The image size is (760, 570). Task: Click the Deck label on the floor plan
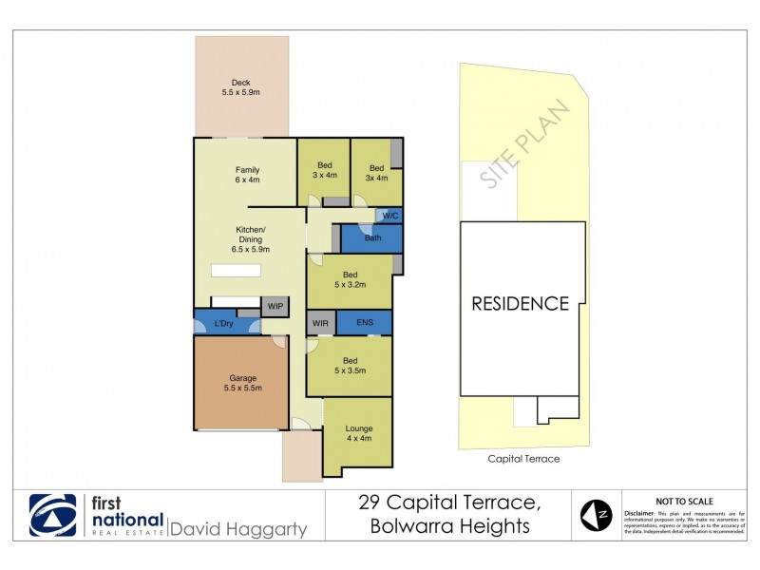[x=240, y=87]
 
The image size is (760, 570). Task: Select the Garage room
[x=240, y=382]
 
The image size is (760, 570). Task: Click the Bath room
[x=372, y=237]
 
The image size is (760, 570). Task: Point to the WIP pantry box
[x=275, y=306]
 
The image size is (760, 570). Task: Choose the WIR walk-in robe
[x=320, y=324]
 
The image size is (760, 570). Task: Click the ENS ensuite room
[x=364, y=323]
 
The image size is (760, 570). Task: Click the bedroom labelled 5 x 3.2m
[x=350, y=279]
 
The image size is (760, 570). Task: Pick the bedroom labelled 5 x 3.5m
[x=350, y=366]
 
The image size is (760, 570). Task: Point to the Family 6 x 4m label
[x=247, y=176]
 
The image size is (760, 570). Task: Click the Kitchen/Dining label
[x=251, y=239]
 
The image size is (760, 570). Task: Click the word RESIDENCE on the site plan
[x=521, y=304]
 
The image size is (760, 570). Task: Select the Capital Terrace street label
[x=523, y=459]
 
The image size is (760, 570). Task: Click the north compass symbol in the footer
[x=596, y=516]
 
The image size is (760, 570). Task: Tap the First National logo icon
[x=53, y=516]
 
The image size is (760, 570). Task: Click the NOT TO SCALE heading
[x=684, y=502]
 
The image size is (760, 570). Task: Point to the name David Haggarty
[x=237, y=529]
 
